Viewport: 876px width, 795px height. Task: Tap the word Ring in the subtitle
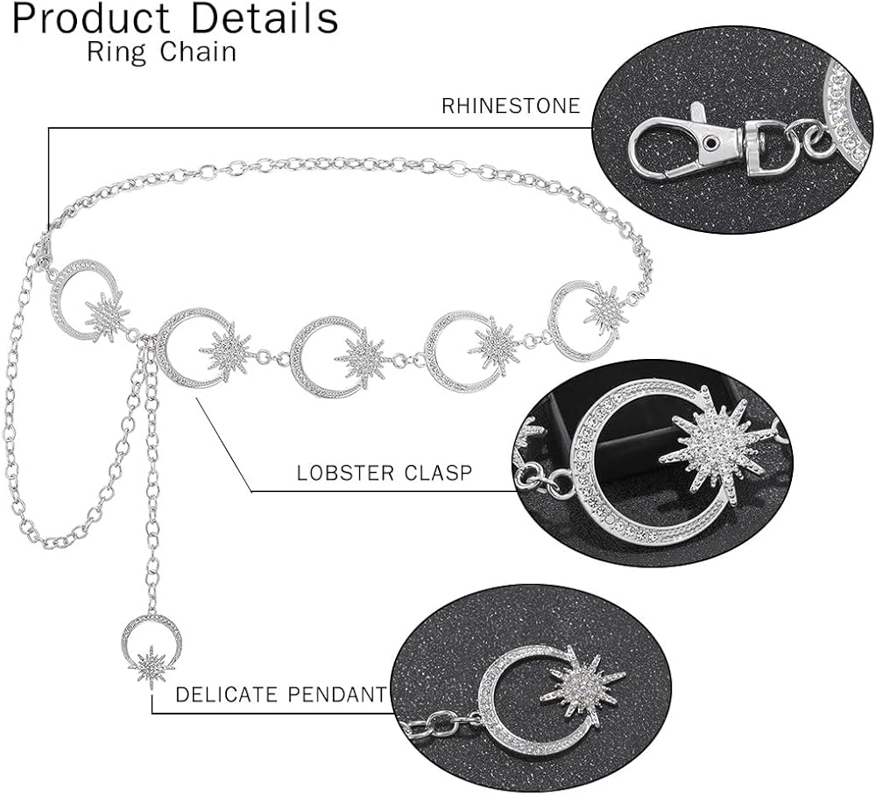click(107, 52)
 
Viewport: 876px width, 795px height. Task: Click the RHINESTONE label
click(511, 107)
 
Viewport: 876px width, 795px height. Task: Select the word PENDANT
click(336, 695)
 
